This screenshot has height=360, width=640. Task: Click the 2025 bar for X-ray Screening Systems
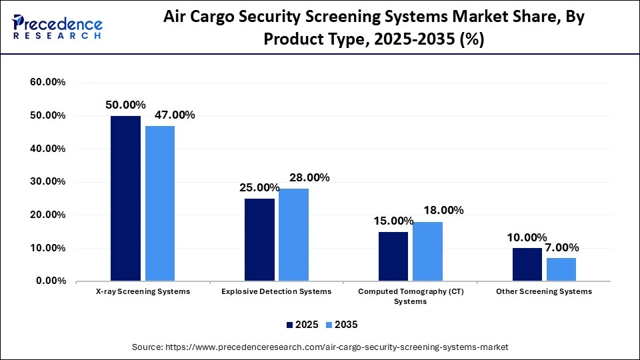[125, 198]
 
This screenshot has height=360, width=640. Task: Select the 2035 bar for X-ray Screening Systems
[160, 203]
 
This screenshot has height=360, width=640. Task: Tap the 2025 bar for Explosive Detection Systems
[259, 239]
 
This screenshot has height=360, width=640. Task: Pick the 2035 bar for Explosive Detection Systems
[293, 235]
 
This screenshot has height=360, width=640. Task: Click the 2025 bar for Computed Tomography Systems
[393, 256]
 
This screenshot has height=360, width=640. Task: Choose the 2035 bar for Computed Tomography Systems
[427, 251]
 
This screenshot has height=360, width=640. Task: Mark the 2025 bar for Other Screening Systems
[527, 264]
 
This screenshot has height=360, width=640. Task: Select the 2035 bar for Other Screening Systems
[561, 269]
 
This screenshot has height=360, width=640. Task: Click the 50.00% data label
[125, 105]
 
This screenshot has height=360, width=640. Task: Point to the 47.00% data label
[175, 115]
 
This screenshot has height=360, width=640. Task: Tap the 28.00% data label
[309, 177]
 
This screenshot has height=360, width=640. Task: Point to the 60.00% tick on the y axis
[48, 82]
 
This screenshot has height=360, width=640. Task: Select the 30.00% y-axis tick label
[48, 182]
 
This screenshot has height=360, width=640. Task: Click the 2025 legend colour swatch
[290, 325]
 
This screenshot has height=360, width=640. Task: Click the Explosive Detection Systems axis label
[276, 291]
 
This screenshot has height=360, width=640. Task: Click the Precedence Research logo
[57, 27]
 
